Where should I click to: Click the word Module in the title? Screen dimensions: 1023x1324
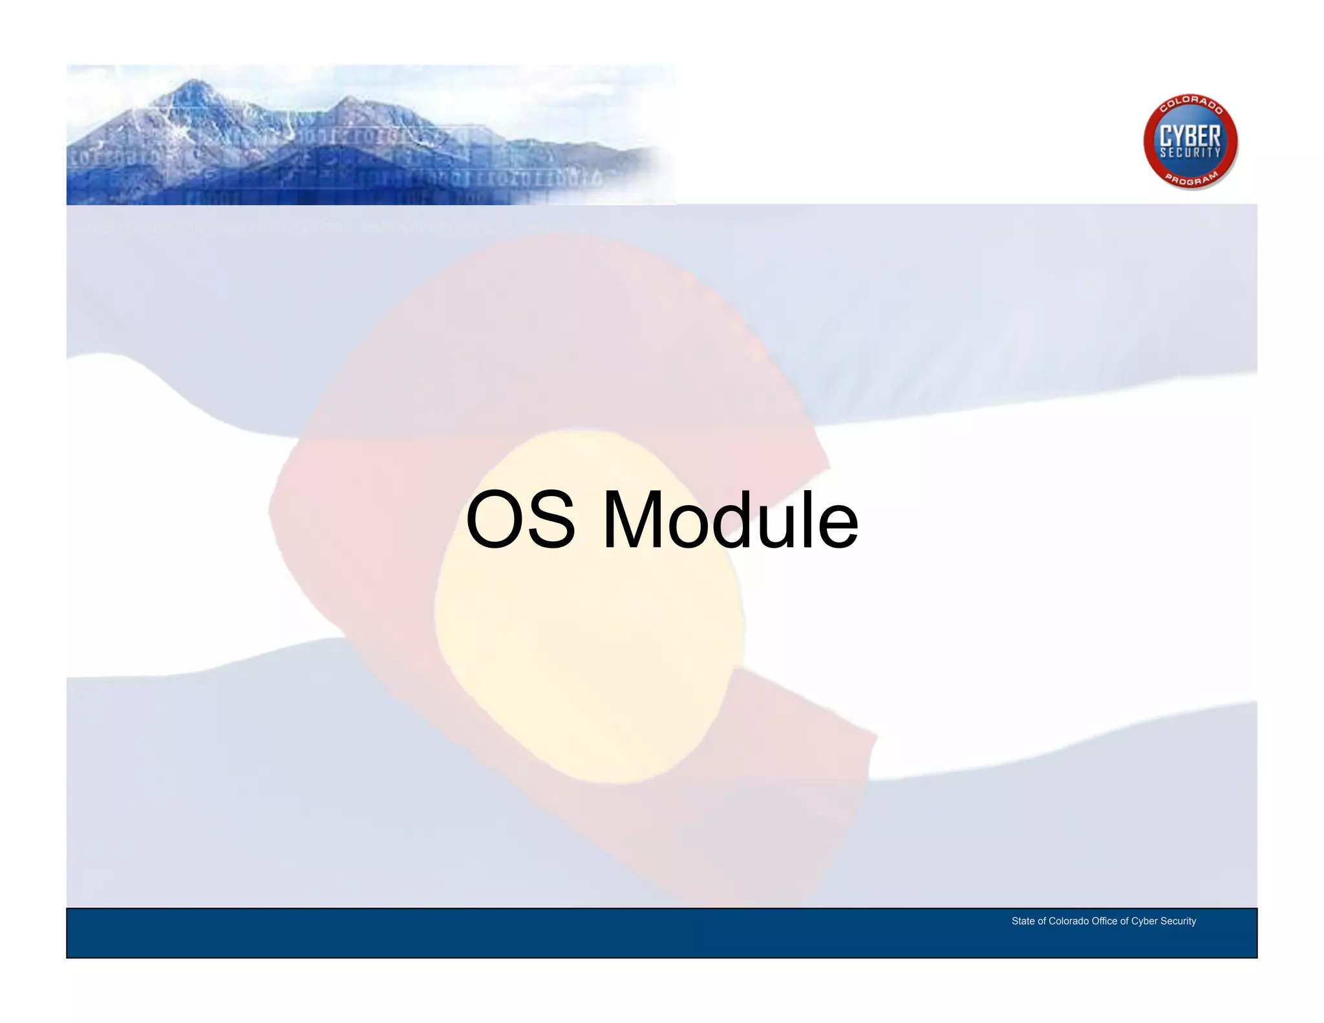(730, 520)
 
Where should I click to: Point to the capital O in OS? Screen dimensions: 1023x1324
(495, 520)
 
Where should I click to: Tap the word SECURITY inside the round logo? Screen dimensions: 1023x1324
(1190, 153)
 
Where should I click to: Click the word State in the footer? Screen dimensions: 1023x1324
(1023, 921)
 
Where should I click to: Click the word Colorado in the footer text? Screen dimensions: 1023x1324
(1069, 921)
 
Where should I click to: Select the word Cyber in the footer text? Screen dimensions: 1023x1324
(1144, 921)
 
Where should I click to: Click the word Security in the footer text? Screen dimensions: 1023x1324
(1179, 921)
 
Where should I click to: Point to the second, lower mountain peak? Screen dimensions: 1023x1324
(349, 99)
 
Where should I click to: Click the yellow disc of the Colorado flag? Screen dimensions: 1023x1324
(588, 608)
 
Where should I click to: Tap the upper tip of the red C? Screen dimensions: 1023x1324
(824, 462)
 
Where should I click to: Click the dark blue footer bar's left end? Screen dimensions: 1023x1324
(84, 933)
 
